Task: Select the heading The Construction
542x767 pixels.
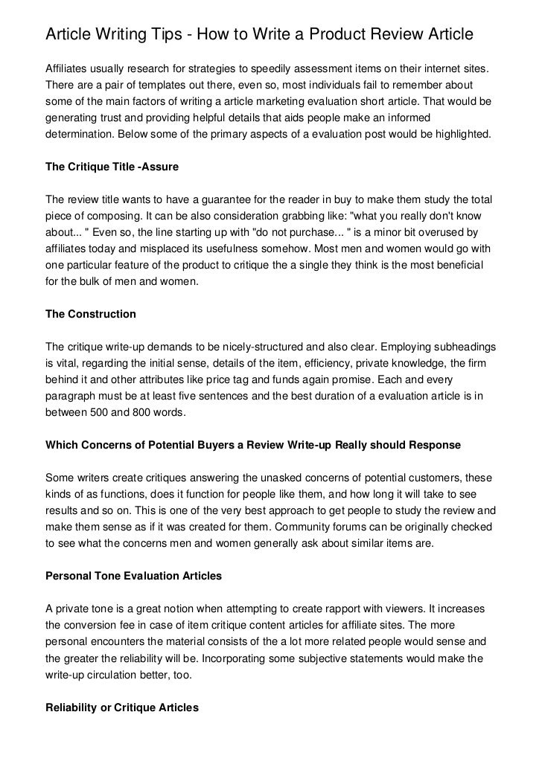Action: pyautogui.click(x=91, y=314)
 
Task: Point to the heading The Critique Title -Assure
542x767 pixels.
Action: pyautogui.click(x=112, y=167)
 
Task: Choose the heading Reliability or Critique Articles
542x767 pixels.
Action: pyautogui.click(x=122, y=708)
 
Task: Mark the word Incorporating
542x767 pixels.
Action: pyautogui.click(x=285, y=658)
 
